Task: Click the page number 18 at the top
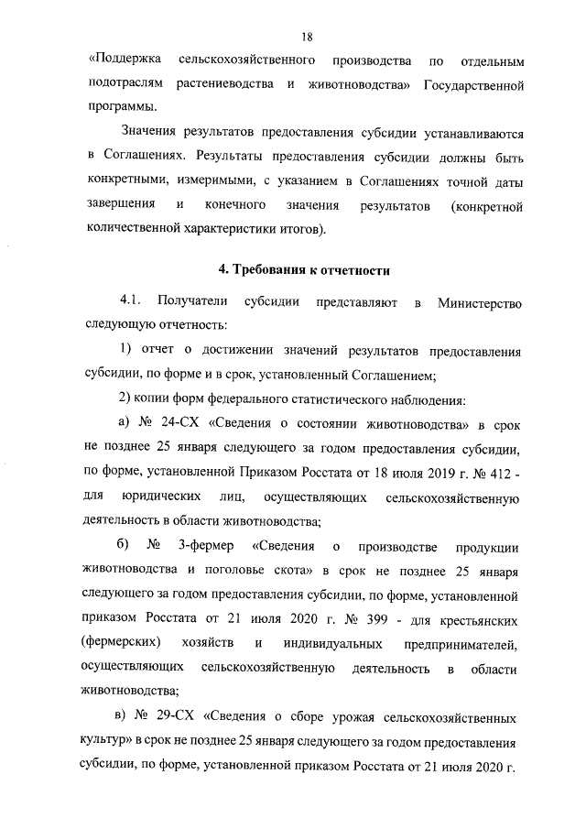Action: (x=307, y=37)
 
